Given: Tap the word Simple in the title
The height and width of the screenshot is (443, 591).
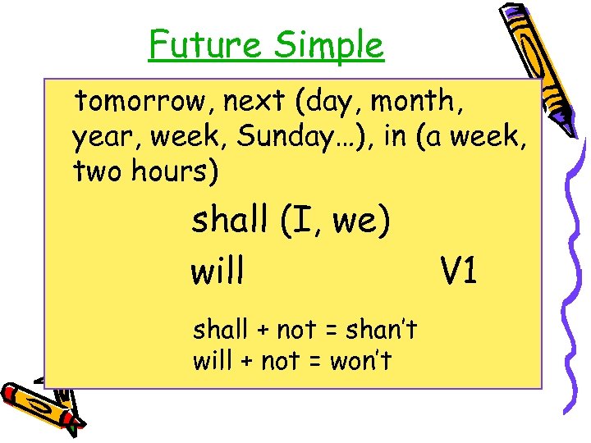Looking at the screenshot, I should [328, 47].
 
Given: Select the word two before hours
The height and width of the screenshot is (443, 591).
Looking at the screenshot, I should [97, 173].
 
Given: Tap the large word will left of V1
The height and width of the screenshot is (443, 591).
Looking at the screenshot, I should [217, 272].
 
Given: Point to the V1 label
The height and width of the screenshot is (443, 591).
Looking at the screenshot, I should [459, 272].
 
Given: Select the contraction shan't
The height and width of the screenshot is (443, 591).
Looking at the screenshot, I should [381, 330].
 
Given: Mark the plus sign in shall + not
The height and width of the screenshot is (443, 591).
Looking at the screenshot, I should [263, 331].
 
